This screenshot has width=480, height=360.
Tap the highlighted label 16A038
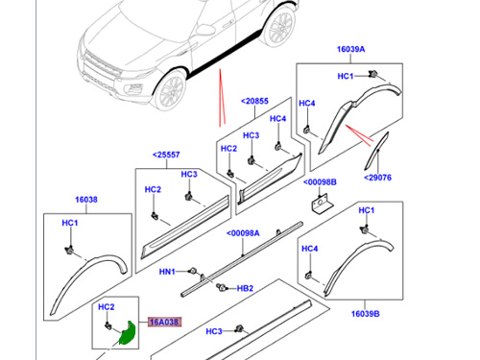[162, 323]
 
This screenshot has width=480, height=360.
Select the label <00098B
[322, 182]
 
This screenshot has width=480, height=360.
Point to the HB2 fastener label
[245, 288]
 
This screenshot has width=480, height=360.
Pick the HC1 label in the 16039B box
[366, 210]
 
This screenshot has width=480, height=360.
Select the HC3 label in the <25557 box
[189, 175]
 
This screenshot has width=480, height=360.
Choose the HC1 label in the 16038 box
[69, 225]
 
